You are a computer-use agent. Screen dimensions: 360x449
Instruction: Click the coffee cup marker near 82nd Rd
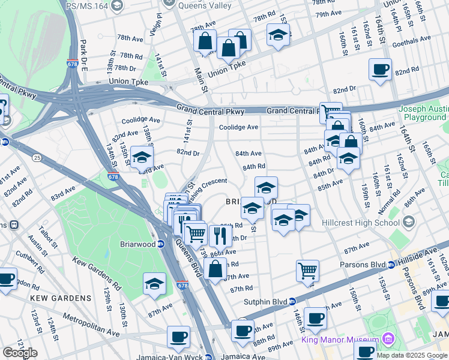[x=380, y=69]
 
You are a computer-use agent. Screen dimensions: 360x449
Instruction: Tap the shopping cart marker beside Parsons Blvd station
[x=307, y=270]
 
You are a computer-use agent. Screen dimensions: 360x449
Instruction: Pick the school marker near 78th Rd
[x=278, y=35]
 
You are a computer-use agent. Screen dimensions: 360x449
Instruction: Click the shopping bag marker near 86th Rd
[x=215, y=269]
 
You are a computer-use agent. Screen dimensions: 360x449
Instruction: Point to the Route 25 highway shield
[x=37, y=158]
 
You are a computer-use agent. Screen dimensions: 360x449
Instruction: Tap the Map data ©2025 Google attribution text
[x=412, y=355]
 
